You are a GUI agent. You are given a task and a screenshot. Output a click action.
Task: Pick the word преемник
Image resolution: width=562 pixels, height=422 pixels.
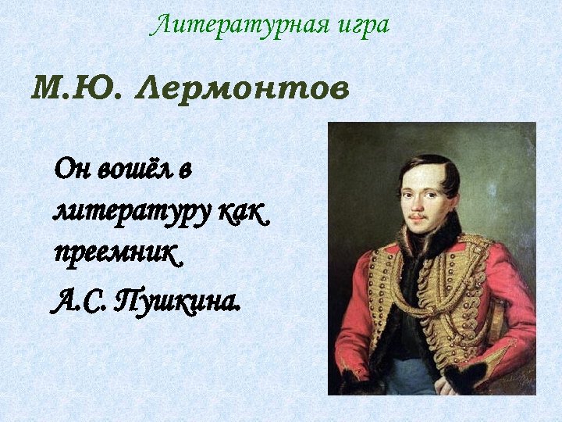(117, 254)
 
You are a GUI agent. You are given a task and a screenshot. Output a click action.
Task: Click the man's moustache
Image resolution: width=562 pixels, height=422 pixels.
(422, 212)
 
